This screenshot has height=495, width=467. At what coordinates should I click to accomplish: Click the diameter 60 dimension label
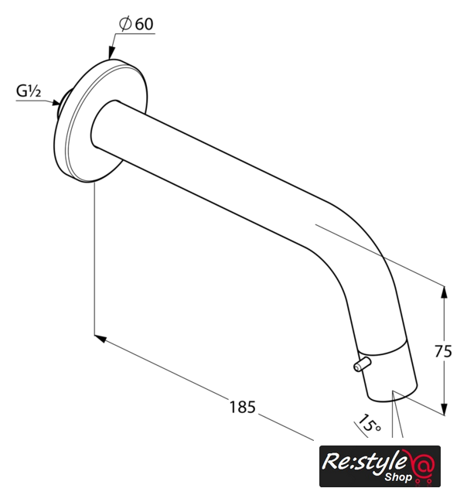[136, 24]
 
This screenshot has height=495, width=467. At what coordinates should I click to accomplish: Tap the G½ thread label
[29, 91]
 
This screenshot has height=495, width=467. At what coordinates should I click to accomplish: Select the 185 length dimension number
[242, 407]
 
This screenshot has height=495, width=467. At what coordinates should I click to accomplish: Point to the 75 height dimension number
[443, 351]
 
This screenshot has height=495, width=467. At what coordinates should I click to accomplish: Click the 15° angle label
[369, 422]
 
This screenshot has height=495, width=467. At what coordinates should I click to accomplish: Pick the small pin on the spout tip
[362, 364]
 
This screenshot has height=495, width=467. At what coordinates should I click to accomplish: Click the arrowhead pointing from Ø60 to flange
[111, 53]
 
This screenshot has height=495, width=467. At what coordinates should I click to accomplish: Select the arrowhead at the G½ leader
[56, 102]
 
